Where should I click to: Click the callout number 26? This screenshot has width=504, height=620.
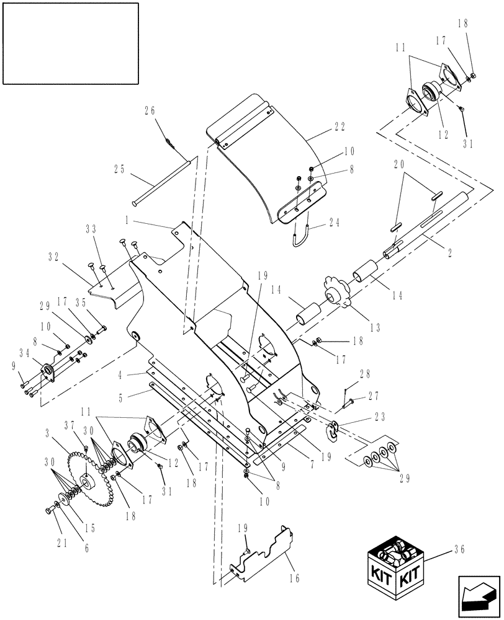[x=150, y=111]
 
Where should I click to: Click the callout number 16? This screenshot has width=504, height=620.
[x=294, y=578]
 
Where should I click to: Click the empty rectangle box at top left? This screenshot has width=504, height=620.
[x=70, y=43]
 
